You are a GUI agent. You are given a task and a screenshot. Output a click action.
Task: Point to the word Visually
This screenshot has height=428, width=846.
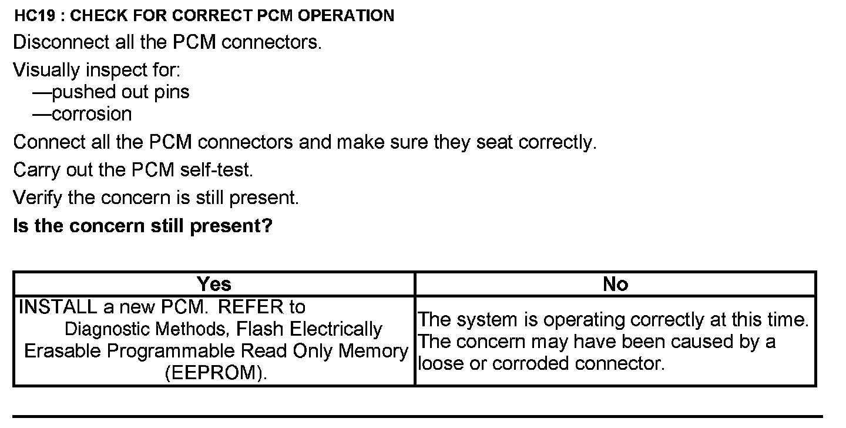[46, 71]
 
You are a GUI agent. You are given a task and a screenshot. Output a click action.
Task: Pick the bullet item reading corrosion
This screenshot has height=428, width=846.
[92, 114]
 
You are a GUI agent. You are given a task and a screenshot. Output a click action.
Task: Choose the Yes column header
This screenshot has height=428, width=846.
[214, 285]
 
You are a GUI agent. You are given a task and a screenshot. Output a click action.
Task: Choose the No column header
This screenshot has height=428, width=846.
[615, 285]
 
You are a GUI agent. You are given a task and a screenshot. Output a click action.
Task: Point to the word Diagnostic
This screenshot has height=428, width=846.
[112, 329]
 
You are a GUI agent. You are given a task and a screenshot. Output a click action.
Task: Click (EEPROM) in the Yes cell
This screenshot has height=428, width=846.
[216, 373]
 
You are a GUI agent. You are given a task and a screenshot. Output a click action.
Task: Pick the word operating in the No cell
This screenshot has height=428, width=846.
[582, 320]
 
